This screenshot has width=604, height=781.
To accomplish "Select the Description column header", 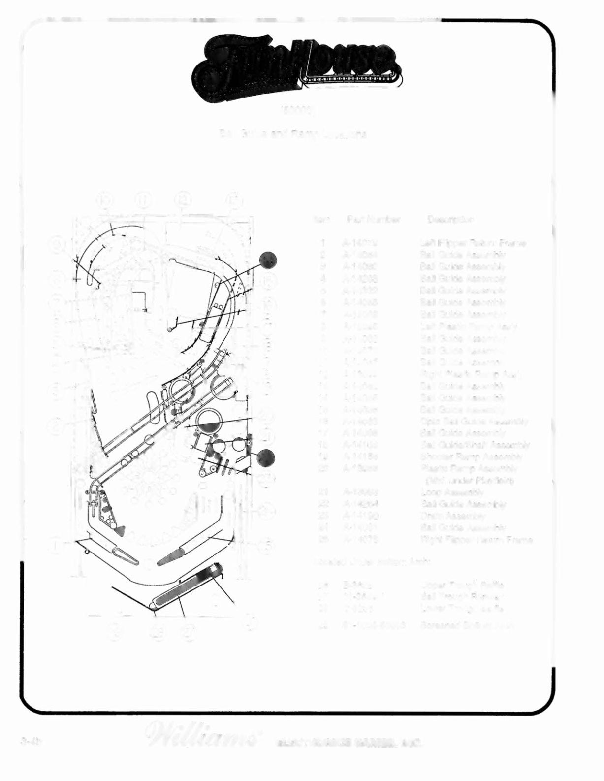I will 450,220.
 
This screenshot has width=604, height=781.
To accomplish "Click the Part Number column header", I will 373,220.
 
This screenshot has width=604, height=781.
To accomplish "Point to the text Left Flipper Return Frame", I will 473,243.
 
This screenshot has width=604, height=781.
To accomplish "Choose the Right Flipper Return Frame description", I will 477,540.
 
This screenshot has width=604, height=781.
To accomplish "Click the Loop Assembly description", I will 452,492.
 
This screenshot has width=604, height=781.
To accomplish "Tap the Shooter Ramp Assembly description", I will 465,456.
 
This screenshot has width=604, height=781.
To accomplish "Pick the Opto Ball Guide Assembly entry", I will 474,422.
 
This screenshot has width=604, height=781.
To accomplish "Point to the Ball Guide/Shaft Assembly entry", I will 475,445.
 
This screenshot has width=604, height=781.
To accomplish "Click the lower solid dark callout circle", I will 266,458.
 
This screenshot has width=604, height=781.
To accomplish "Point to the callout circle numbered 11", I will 144,200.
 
